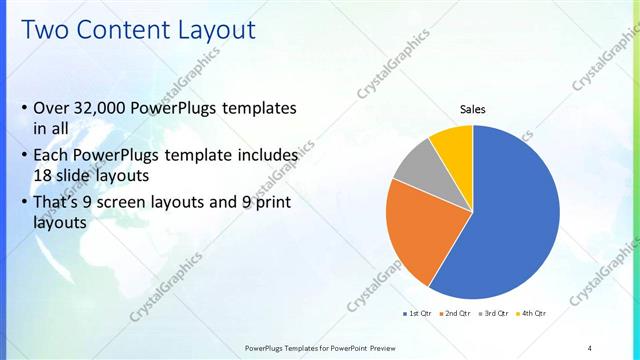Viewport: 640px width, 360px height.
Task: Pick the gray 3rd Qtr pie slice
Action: [413, 165]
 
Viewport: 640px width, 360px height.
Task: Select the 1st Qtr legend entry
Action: [417, 314]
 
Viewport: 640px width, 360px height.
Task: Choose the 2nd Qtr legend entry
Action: [455, 314]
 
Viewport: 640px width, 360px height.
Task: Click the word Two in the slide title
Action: [47, 30]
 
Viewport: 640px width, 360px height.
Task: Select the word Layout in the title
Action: [219, 30]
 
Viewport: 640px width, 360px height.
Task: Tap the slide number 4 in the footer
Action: [589, 347]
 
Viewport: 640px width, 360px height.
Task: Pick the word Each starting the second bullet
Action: [51, 155]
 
